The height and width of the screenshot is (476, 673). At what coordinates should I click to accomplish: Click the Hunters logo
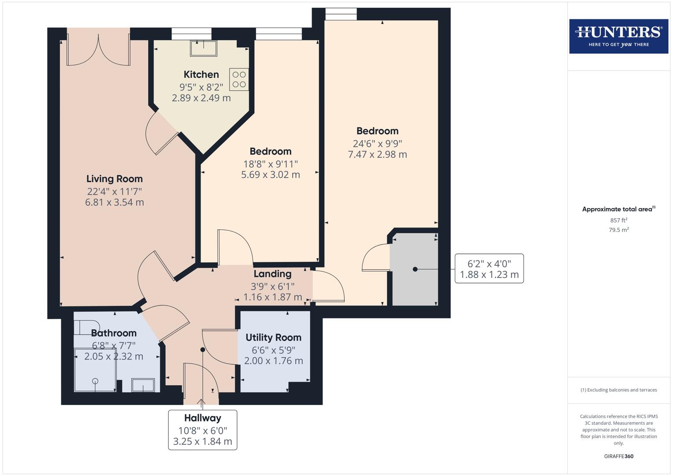(x=618, y=36)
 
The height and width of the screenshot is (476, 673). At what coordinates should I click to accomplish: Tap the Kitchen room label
(x=201, y=74)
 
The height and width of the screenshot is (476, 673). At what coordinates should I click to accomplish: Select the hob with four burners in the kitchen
(x=239, y=79)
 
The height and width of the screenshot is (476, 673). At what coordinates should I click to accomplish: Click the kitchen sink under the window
(x=203, y=48)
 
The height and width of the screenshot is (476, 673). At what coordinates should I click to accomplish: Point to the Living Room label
(x=114, y=179)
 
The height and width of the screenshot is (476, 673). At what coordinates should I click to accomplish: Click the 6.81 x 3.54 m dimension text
(x=114, y=202)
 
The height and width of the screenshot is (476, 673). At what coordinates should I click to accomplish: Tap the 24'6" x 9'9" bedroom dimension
(x=377, y=143)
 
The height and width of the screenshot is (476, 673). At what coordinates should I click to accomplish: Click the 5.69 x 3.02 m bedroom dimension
(x=270, y=175)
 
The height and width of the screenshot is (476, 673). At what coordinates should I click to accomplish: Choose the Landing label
(x=272, y=274)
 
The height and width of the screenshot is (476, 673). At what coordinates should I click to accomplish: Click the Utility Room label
(x=273, y=338)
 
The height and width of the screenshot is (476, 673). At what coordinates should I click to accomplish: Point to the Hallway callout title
(x=202, y=418)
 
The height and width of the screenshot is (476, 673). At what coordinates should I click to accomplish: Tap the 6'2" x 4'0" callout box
(x=489, y=268)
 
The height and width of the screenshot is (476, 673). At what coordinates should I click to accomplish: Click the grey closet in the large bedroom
(x=414, y=269)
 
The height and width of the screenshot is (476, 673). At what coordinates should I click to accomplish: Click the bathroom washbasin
(x=143, y=385)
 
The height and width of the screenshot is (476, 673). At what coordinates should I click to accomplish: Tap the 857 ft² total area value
(x=618, y=220)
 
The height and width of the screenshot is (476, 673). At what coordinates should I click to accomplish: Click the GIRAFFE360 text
(x=618, y=456)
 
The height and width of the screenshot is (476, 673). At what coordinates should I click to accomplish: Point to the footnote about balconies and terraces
(x=618, y=390)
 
